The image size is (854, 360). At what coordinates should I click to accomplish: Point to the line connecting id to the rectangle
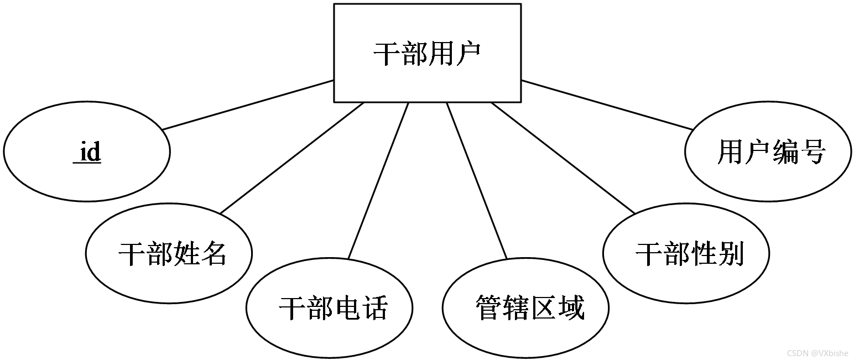pyautogui.click(x=248, y=105)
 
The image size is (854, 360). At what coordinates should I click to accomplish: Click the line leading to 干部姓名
pyautogui.click(x=292, y=158)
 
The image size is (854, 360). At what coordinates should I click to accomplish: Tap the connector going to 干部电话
pyautogui.click(x=378, y=180)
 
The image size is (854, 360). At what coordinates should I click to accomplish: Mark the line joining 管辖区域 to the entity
pyautogui.click(x=477, y=180)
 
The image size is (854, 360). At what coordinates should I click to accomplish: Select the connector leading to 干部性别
pyautogui.click(x=563, y=158)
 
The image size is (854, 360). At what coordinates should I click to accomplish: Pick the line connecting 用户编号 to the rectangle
pyautogui.click(x=607, y=105)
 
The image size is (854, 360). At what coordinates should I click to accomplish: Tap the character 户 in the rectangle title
pyautogui.click(x=468, y=54)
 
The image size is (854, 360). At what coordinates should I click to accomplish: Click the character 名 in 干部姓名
pyautogui.click(x=214, y=254)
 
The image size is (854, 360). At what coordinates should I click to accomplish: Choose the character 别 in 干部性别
pyautogui.click(x=731, y=254)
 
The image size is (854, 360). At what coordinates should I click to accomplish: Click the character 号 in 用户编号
pyautogui.click(x=813, y=152)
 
